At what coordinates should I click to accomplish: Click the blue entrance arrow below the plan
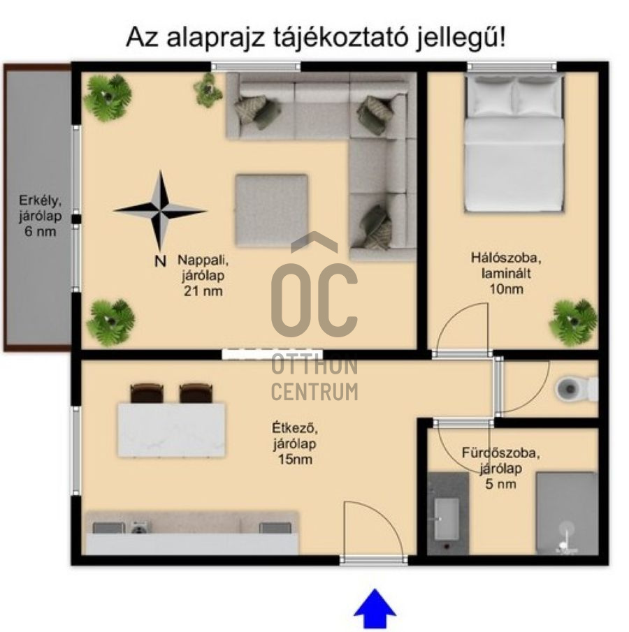coord(375,609)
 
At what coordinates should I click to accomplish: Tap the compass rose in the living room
coord(160,210)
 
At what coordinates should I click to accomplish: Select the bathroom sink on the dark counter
coord(447,517)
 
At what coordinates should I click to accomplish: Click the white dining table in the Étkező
coord(171,430)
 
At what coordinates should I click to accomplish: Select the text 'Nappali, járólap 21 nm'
coord(203,275)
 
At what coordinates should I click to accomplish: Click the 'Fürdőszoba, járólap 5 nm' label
coord(500,467)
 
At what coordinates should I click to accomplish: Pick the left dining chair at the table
coord(147,394)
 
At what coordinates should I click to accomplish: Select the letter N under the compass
coord(159,261)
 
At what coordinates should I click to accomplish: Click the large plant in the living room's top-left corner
coord(108,97)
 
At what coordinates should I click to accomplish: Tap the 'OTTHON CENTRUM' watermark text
coord(314,378)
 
